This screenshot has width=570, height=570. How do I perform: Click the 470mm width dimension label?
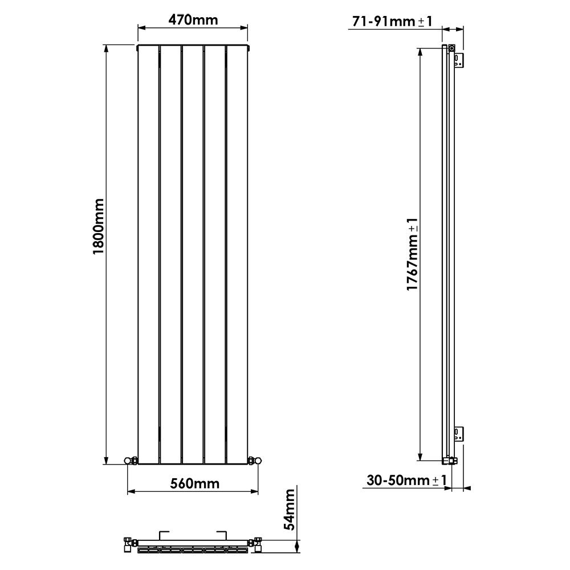point(193,20)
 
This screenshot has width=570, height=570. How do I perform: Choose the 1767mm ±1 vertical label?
point(413,254)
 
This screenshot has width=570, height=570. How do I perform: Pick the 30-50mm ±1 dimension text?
point(404,481)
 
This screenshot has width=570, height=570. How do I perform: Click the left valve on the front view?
point(131,459)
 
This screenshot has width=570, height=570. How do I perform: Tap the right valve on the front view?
point(255,459)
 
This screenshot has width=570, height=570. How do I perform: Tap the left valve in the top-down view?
point(128,544)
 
